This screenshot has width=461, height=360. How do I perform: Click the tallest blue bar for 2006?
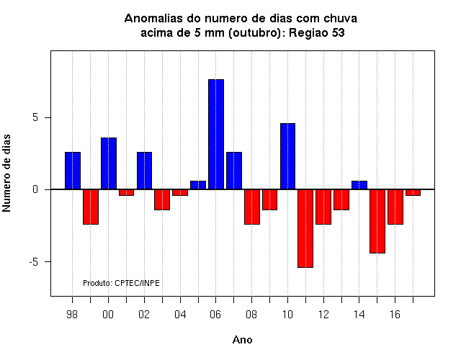click(x=216, y=135)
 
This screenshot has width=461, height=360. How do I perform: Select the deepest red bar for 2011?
click(x=305, y=228)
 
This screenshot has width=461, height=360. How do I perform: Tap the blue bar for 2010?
click(x=287, y=156)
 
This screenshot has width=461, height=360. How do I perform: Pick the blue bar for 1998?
click(x=73, y=171)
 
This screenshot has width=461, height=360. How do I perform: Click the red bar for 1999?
click(x=91, y=207)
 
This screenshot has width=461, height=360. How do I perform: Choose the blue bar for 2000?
click(x=109, y=163)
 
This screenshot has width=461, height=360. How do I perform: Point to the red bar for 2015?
click(x=377, y=221)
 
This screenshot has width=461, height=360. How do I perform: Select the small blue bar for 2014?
click(x=359, y=185)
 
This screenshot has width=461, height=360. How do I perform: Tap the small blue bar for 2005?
click(x=198, y=185)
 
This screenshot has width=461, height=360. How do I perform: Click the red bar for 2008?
click(x=252, y=207)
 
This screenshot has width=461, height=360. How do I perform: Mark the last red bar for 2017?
click(x=413, y=192)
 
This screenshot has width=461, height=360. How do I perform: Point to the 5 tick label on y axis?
click(x=35, y=117)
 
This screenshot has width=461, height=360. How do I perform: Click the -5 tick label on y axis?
click(x=34, y=261)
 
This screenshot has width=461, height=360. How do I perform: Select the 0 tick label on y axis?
click(x=35, y=189)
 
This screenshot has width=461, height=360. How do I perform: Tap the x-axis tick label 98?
click(x=72, y=315)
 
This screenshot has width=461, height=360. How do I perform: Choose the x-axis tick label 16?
click(x=395, y=315)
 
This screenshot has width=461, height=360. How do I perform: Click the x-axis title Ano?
click(x=242, y=340)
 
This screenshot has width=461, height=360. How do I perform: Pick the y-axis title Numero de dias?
click(x=6, y=173)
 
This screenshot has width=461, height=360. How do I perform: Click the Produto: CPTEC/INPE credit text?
click(x=121, y=283)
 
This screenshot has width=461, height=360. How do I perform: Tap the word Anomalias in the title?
click(x=153, y=19)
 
